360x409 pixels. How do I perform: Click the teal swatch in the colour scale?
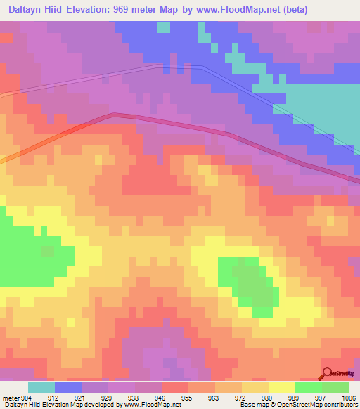[x=41, y=387]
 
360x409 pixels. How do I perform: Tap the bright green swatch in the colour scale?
[x=308, y=387]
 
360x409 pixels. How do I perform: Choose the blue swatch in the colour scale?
[x=68, y=387]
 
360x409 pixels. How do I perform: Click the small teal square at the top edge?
[x=163, y=27]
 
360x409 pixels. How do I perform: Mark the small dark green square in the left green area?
[x=48, y=251]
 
